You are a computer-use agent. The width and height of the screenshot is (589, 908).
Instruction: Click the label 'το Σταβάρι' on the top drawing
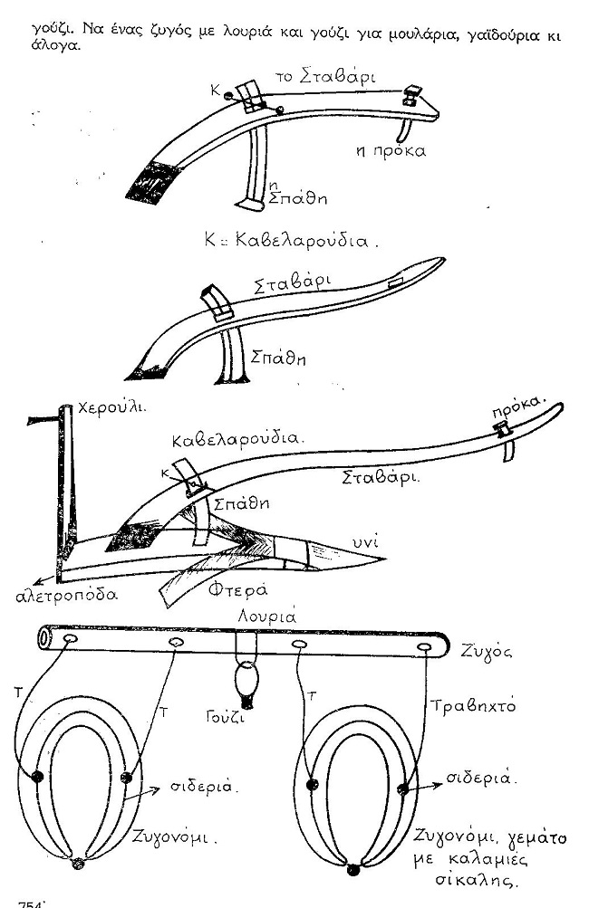[325, 77]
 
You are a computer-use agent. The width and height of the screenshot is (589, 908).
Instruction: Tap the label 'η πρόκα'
[391, 151]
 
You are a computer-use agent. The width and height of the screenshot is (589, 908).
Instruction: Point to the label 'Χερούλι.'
[111, 407]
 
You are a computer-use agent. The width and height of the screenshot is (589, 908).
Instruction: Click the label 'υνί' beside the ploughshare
[366, 541]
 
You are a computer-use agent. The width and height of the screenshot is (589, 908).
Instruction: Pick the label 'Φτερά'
[237, 589]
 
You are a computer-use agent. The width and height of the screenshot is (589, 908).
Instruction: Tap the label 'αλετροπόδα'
[66, 595]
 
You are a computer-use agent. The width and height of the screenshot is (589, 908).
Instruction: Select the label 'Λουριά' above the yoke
[267, 616]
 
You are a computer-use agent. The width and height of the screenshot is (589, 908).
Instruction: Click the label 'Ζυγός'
[487, 652]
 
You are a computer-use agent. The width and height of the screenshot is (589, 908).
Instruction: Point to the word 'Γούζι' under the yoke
[225, 716]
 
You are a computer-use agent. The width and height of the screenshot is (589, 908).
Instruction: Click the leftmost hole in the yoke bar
[71, 639]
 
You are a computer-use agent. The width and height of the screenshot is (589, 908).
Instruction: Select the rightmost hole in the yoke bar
[425, 647]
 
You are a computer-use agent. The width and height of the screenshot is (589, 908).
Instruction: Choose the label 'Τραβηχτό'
[473, 706]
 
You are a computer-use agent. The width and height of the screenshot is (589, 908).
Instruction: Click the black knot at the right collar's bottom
[353, 870]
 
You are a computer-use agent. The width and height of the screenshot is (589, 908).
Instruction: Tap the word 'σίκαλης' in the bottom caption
[476, 882]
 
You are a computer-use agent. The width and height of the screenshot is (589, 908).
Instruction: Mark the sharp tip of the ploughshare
[385, 559]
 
